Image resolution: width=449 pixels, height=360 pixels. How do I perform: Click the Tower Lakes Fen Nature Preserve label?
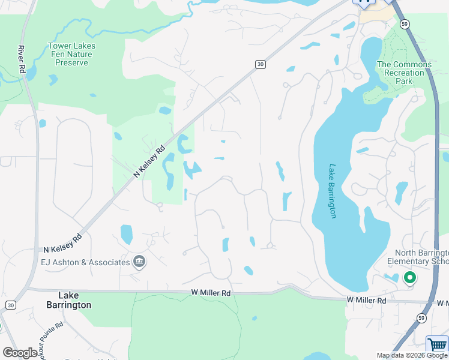pyautogui.click(x=71, y=54)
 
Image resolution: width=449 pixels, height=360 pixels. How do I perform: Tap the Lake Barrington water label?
pyautogui.click(x=333, y=191)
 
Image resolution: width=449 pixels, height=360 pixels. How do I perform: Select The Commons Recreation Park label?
pyautogui.click(x=403, y=73)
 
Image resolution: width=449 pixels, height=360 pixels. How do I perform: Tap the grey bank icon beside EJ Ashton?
pyautogui.click(x=139, y=262)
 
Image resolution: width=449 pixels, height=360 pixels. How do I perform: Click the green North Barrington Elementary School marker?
pyautogui.click(x=410, y=278)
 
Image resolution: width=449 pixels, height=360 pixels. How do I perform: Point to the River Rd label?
pyautogui.click(x=22, y=59)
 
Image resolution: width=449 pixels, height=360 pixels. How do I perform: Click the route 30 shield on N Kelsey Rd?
pyautogui.click(x=260, y=64)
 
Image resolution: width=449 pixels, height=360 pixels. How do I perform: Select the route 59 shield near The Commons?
pyautogui.click(x=405, y=23)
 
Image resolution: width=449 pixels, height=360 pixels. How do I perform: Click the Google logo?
pyautogui.click(x=20, y=353)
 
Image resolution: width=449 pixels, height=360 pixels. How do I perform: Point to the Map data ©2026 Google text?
pyautogui.click(x=412, y=355)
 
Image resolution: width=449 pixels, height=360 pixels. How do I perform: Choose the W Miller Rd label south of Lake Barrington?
pyautogui.click(x=366, y=300)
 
